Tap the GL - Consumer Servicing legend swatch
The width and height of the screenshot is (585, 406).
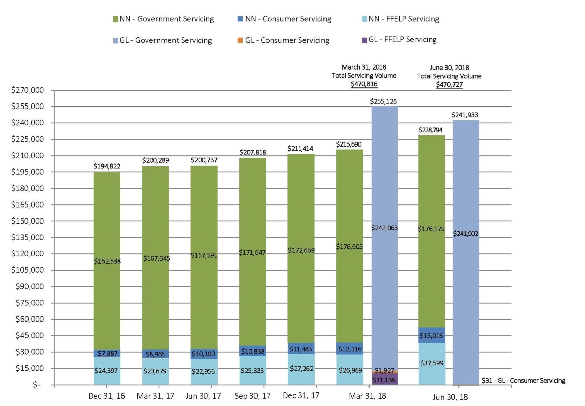tap(240, 41)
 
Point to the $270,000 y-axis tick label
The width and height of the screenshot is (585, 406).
tap(27, 90)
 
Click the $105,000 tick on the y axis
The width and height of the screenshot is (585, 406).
tap(27, 270)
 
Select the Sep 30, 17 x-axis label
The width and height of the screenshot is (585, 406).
tap(252, 396)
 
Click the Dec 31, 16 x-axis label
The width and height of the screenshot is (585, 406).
tap(107, 396)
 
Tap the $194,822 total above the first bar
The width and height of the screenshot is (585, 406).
tap(107, 166)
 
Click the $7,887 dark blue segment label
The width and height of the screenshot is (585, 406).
tap(107, 353)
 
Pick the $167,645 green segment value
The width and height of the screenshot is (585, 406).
tap(156, 258)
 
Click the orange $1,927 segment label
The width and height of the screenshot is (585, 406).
tap(384, 371)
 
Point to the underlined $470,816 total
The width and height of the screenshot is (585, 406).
tap(364, 84)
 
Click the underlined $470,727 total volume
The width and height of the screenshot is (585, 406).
tap(449, 85)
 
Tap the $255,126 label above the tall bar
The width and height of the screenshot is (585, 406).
tap(383, 101)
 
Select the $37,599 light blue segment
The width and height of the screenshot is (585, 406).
tap(432, 363)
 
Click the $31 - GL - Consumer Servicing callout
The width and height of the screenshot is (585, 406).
tap(523, 381)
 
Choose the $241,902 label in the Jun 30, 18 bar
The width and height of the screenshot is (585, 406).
tap(465, 234)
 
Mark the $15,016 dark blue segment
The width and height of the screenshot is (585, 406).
tap(431, 336)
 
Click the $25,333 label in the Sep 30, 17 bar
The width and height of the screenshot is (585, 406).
tap(252, 371)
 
